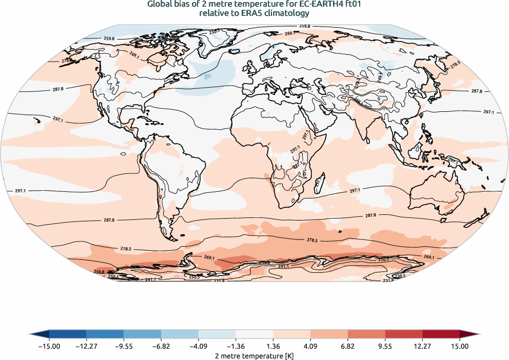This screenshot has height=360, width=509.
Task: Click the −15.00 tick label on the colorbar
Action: [49, 347]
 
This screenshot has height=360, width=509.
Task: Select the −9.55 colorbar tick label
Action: [124, 347]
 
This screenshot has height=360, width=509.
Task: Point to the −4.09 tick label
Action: [199, 347]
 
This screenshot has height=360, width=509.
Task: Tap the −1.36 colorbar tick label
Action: [236, 347]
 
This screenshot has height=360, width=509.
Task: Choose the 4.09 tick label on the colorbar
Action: [310, 347]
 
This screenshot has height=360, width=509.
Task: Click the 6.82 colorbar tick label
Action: [348, 347]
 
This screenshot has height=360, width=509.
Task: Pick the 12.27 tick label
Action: [422, 347]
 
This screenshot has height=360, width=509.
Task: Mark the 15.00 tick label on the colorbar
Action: [460, 347]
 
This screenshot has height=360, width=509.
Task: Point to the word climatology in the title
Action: [287, 13]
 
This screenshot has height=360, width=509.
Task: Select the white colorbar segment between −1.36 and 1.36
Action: [254, 334]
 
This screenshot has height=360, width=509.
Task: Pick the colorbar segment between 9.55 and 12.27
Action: [404, 334]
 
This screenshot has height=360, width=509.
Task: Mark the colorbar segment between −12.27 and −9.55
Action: [105, 334]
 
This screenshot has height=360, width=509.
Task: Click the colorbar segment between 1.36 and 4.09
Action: [292, 334]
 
